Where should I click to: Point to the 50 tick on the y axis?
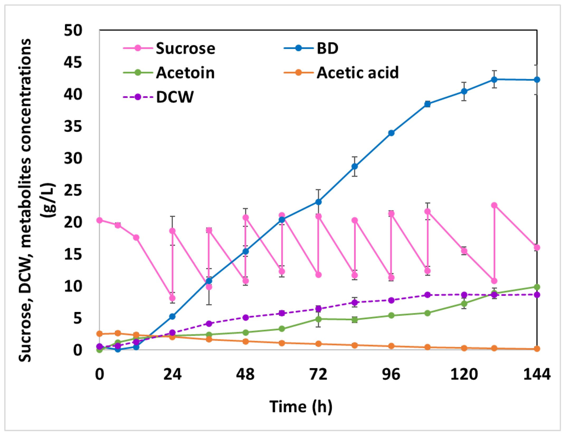click(73, 30)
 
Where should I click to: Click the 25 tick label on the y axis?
click(73, 190)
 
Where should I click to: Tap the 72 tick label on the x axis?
click(318, 374)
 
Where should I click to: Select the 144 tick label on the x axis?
click(537, 374)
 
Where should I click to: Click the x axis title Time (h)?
click(301, 407)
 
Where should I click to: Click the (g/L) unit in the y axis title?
click(49, 200)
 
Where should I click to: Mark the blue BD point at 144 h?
click(537, 80)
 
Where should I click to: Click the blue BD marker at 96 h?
click(391, 133)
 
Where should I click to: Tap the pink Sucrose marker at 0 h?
click(99, 220)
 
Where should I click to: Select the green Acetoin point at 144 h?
click(537, 287)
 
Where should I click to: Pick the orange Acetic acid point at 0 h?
click(99, 334)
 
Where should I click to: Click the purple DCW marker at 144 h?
click(537, 295)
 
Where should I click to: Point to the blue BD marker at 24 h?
click(172, 317)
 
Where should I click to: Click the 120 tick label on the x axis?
click(464, 374)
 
